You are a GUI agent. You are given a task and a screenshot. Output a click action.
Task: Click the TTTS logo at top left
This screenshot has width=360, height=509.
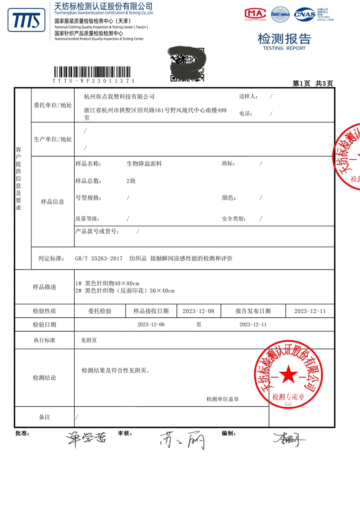(x=26, y=21)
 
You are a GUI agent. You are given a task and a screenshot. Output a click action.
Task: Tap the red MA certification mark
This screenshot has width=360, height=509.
(x=255, y=14)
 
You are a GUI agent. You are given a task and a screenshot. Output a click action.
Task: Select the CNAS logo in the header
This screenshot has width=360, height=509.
(x=305, y=14)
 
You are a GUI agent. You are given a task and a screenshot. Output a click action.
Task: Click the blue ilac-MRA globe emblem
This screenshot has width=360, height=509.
(x=281, y=14)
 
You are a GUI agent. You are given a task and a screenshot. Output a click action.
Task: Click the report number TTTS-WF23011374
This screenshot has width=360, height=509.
(x=93, y=81)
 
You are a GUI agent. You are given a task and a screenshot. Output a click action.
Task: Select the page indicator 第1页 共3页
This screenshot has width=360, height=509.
(x=313, y=83)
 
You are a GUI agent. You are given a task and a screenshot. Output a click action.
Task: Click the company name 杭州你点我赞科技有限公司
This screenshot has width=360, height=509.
(x=119, y=96)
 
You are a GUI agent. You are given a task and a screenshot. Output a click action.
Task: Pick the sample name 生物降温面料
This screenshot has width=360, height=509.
(x=144, y=164)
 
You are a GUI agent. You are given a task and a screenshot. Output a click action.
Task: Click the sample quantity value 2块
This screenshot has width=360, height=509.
(x=131, y=181)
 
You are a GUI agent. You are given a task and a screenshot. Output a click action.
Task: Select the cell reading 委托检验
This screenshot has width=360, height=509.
(x=100, y=311)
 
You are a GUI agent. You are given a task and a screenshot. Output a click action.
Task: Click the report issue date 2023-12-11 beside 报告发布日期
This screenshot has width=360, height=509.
(x=310, y=311)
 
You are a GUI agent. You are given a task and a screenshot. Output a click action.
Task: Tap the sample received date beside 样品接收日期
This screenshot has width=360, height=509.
(x=198, y=311)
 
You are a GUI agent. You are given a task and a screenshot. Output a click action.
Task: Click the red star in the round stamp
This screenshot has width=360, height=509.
(x=288, y=374)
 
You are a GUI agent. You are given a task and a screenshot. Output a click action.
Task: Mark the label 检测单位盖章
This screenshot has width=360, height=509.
(x=222, y=399)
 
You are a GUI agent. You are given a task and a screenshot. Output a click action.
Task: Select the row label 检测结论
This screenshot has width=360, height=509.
(x=45, y=378)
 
